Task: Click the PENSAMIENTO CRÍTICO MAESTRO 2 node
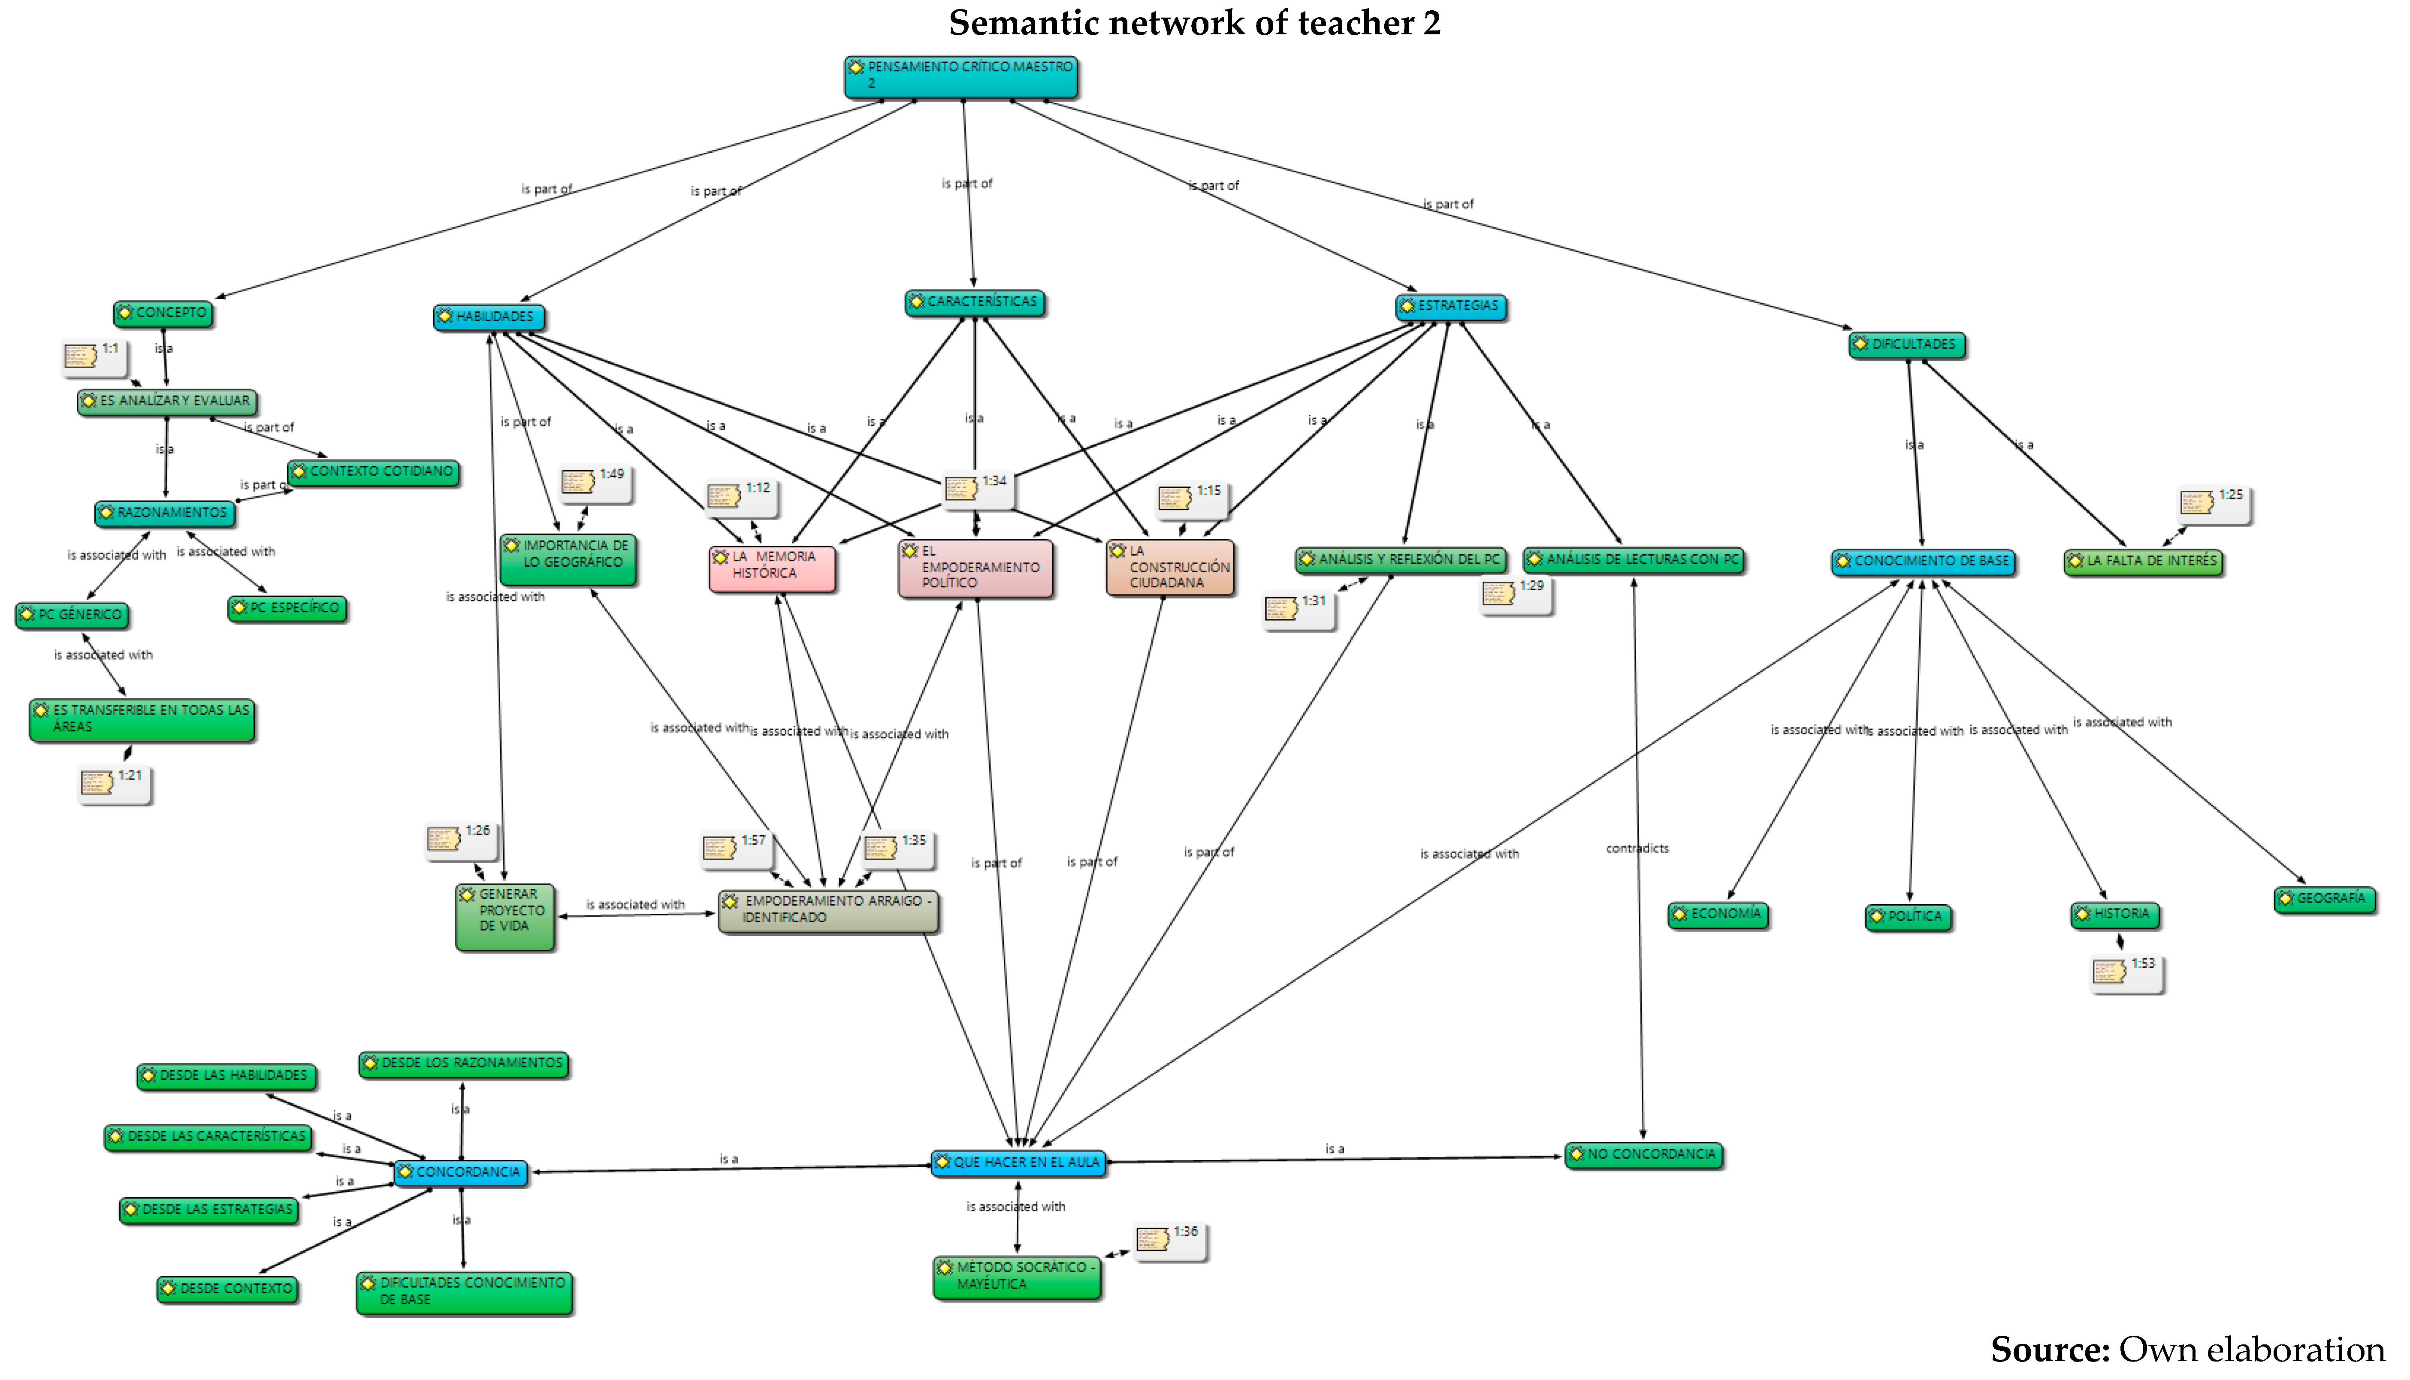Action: coord(960,76)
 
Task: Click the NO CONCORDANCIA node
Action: coord(1643,1154)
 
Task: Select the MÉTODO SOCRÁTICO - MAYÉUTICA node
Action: coord(1017,1276)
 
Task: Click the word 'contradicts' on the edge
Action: coord(1637,848)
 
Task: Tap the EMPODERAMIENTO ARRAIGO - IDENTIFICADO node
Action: coord(828,910)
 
